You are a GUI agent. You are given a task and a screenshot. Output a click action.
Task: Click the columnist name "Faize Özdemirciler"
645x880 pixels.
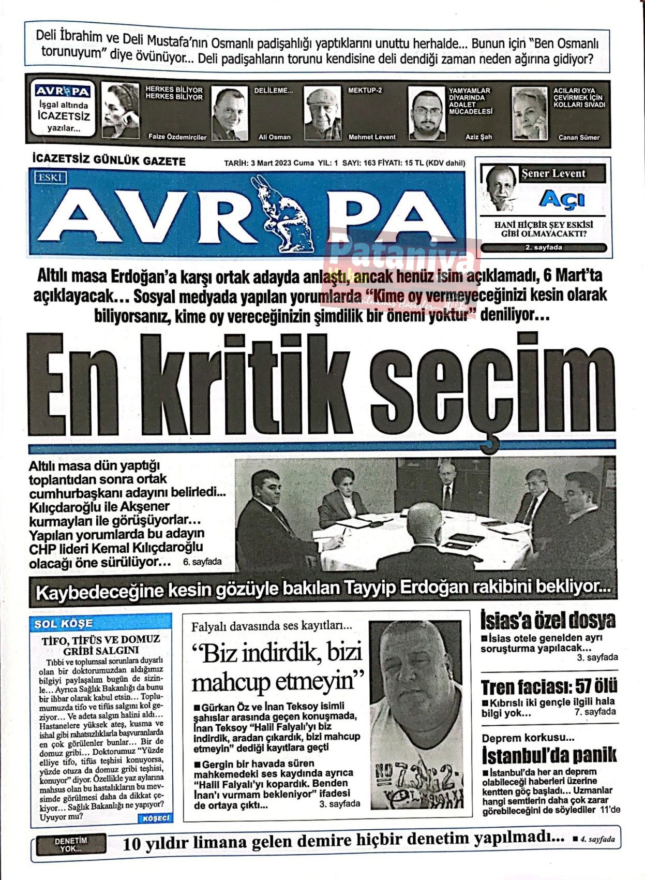click(177, 137)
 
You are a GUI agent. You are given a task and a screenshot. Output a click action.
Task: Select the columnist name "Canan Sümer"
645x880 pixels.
click(579, 138)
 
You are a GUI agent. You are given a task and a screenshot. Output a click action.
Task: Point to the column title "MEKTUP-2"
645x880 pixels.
click(365, 91)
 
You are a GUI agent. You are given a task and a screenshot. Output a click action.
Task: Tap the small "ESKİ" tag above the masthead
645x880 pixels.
click(50, 178)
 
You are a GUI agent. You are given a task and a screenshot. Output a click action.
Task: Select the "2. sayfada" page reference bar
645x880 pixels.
click(543, 247)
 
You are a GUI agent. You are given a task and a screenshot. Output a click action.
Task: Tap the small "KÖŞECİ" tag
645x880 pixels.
click(155, 818)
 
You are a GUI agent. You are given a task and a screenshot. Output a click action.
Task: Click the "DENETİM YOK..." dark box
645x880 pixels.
click(71, 844)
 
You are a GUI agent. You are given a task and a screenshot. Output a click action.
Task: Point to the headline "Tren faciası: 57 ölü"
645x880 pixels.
click(549, 687)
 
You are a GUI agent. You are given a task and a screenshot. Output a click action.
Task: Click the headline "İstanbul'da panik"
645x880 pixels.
click(549, 756)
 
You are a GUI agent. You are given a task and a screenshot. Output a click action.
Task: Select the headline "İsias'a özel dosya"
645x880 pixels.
click(548, 620)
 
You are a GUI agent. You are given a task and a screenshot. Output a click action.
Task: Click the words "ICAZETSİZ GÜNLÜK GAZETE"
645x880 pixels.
click(109, 161)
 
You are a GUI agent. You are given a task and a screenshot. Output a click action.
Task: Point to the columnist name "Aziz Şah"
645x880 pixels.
click(478, 137)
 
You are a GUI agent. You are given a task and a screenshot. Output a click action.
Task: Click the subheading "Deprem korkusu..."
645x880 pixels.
click(528, 738)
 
